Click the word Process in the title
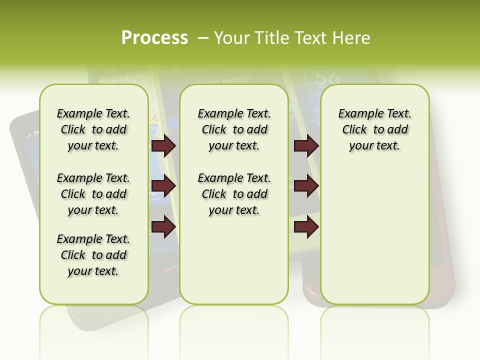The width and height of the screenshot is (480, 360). [154, 38]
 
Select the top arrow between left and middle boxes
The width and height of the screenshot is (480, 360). [163, 146]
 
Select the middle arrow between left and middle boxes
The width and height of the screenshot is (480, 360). [163, 186]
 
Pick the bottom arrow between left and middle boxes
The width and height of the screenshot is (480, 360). [163, 227]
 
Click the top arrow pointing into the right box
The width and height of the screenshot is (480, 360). [306, 146]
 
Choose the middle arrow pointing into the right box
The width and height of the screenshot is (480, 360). [306, 186]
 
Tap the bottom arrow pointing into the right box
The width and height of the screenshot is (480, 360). [306, 227]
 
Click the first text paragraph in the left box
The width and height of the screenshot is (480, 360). [93, 129]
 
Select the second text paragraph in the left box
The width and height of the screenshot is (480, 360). [93, 194]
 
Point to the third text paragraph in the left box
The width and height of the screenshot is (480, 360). [93, 255]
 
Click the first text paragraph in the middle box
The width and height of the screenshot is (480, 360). [234, 129]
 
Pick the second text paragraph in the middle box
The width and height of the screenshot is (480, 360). [234, 194]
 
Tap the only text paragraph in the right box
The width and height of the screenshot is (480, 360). [374, 129]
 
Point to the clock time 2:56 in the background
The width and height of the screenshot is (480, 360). [317, 77]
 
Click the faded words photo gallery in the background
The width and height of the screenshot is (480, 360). [223, 80]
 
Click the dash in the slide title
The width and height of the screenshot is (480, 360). [203, 38]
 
